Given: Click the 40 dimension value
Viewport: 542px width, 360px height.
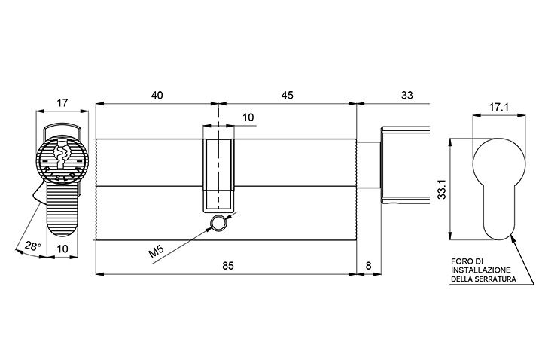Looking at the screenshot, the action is coord(157,95).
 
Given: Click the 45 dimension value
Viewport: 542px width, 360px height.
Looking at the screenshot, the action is coord(288,95).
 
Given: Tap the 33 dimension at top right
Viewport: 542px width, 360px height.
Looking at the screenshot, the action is coord(407,95).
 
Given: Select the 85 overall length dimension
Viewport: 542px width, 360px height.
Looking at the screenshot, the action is coord(228,266).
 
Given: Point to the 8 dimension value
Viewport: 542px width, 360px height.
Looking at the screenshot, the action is coord(368,266).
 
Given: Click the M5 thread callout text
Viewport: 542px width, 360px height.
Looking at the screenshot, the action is coord(156,252).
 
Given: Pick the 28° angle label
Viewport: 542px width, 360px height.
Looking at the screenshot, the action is coord(33,246).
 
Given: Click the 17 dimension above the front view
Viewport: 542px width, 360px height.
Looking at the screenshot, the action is coord(62,102).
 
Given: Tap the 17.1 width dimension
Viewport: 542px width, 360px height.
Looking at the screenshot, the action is coord(498,108).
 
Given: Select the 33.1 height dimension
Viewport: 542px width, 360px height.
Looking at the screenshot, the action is coord(442,189).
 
